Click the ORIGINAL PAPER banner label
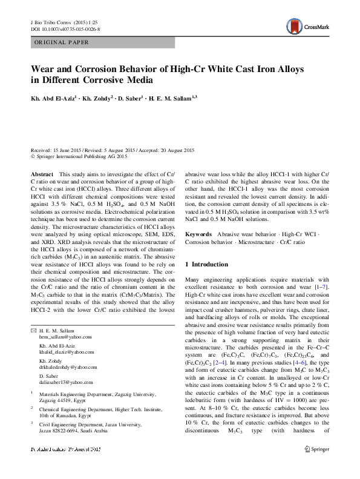coord(61,42)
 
